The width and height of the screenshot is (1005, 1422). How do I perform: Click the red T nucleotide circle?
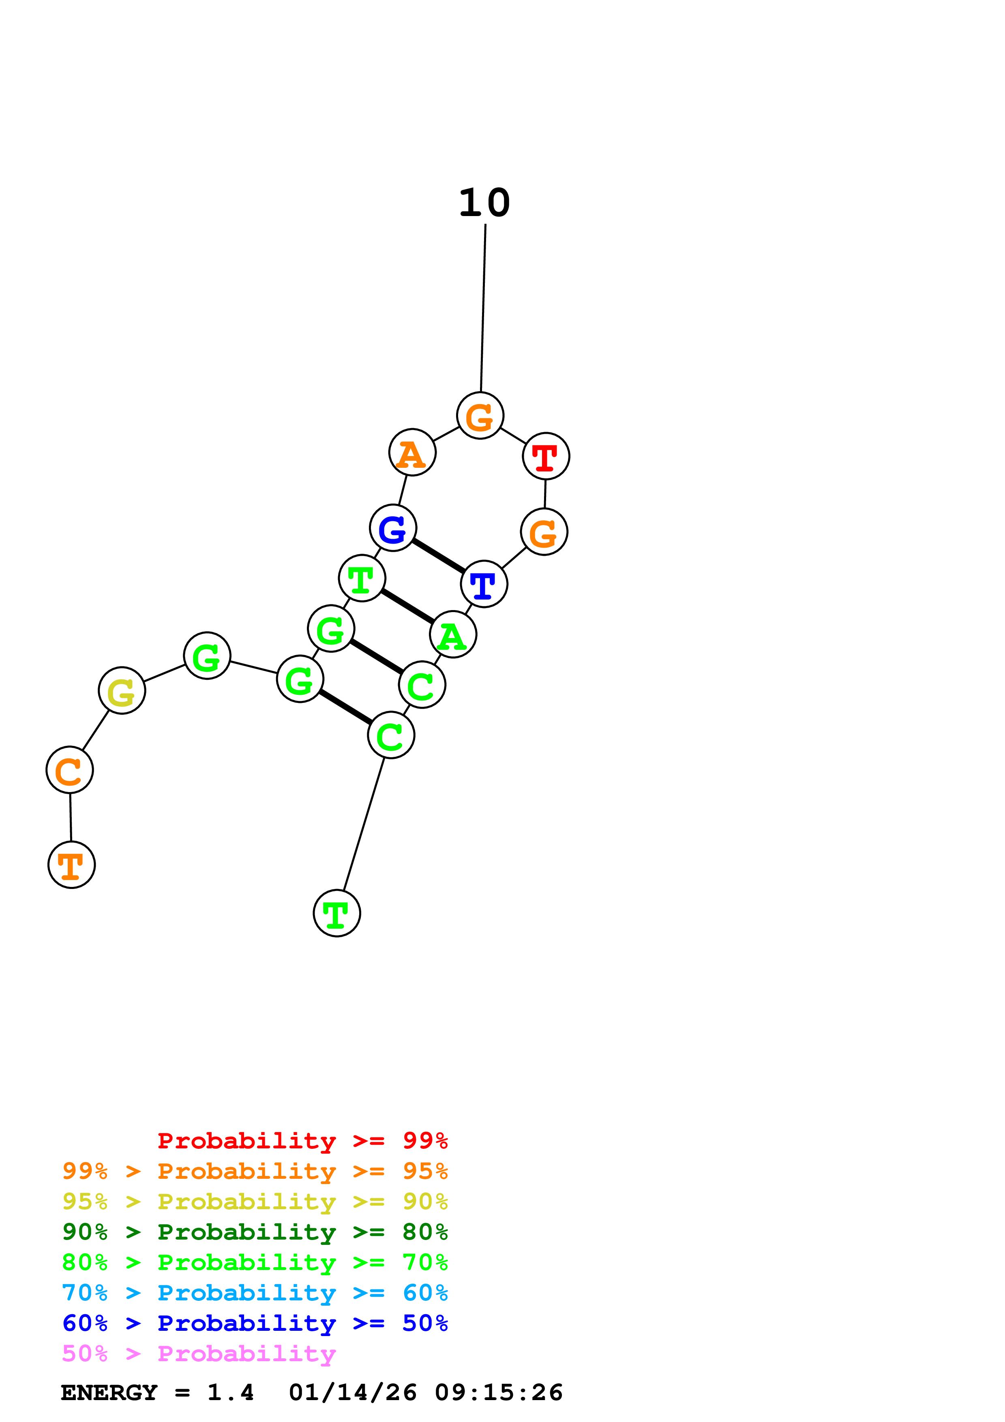(546, 456)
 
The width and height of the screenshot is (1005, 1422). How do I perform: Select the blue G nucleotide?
(392, 528)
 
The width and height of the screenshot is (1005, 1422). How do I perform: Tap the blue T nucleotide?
(484, 584)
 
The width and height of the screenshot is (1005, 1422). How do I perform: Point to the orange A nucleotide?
(412, 453)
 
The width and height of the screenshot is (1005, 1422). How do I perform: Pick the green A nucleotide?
(453, 635)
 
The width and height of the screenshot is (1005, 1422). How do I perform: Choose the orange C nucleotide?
(69, 770)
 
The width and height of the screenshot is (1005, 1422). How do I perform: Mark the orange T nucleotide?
(71, 865)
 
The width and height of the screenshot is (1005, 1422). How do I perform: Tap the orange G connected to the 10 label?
(480, 415)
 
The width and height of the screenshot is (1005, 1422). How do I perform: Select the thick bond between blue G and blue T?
(438, 556)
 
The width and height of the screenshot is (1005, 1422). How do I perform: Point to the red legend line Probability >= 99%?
(302, 1141)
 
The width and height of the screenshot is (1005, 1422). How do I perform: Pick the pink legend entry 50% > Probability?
(199, 1354)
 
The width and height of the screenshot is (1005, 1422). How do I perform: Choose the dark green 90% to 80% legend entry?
(255, 1232)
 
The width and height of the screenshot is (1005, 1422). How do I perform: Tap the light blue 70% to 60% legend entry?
(255, 1293)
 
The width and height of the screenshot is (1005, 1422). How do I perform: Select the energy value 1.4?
(230, 1393)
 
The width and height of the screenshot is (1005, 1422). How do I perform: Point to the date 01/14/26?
(352, 1393)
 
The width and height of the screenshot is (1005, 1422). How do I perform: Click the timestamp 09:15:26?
(499, 1393)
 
